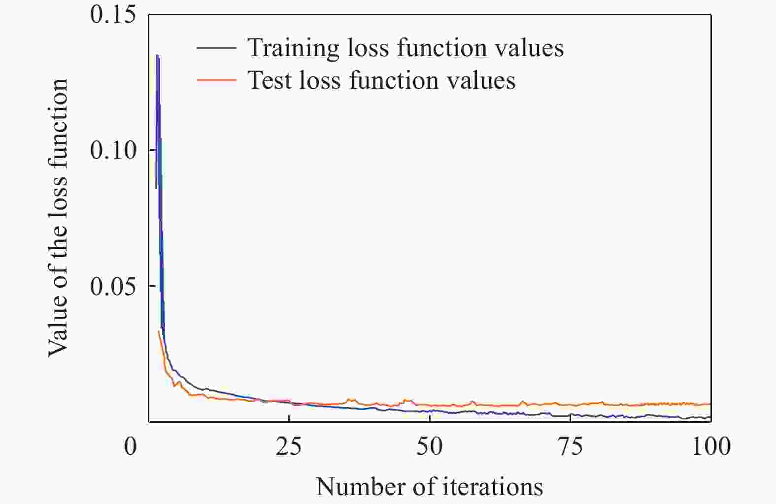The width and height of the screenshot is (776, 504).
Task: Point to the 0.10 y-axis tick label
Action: [x=113, y=150]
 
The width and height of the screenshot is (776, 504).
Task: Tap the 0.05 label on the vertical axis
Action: [x=113, y=286]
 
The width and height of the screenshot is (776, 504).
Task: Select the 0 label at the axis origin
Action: [x=130, y=447]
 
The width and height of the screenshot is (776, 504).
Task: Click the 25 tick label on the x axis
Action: [x=289, y=447]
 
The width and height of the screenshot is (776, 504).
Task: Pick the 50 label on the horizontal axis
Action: [x=430, y=447]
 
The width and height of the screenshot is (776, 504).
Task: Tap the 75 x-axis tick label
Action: [x=570, y=447]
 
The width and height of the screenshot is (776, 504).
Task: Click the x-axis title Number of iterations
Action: [x=429, y=487]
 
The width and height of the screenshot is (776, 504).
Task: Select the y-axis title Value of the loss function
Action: [x=58, y=217]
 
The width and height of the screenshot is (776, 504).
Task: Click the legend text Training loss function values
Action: [x=405, y=48]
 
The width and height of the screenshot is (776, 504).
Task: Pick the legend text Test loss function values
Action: [x=381, y=80]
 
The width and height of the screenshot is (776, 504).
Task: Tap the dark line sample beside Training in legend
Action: [x=216, y=48]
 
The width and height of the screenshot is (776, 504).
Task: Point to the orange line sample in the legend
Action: [x=216, y=80]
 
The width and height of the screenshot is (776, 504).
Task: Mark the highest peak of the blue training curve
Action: [x=157, y=55]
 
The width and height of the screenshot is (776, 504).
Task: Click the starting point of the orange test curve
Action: [x=158, y=331]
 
